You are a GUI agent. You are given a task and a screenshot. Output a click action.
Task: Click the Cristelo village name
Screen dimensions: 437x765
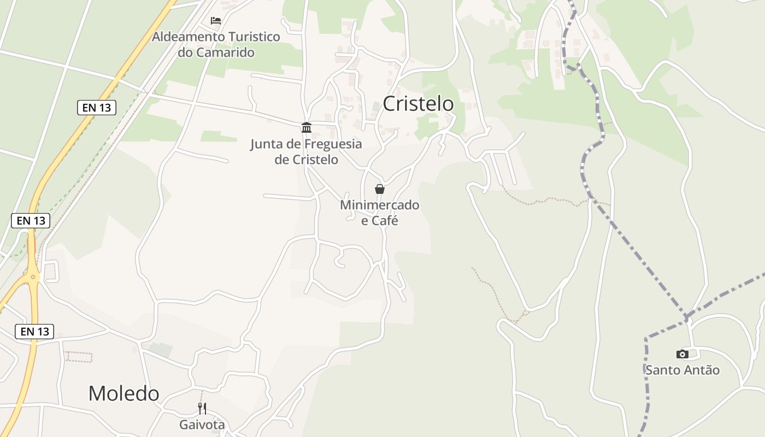pyautogui.click(x=418, y=104)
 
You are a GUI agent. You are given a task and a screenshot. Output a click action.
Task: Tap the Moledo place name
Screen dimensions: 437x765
pyautogui.click(x=123, y=393)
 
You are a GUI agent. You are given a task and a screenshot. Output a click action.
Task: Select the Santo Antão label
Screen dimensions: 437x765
pyautogui.click(x=682, y=370)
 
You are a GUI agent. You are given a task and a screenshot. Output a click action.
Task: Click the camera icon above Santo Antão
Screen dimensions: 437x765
pyautogui.click(x=682, y=354)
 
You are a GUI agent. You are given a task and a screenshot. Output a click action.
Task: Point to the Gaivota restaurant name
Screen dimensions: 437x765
pyautogui.click(x=202, y=424)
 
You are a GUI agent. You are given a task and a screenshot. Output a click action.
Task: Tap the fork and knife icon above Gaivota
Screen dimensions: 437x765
pyautogui.click(x=202, y=408)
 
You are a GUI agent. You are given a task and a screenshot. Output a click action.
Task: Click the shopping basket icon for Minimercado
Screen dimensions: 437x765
pyautogui.click(x=380, y=189)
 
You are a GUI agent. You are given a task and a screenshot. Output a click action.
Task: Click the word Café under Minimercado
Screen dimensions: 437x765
pyautogui.click(x=386, y=221)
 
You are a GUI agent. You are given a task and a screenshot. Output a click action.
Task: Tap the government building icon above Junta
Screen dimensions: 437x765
pyautogui.click(x=307, y=128)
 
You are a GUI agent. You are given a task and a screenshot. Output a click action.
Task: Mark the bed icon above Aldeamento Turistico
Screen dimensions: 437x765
pyautogui.click(x=216, y=21)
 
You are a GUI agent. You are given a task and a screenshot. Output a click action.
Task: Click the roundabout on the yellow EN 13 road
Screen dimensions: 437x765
pyautogui.click(x=33, y=277)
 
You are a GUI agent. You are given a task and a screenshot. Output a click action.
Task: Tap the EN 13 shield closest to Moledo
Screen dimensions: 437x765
pyautogui.click(x=34, y=331)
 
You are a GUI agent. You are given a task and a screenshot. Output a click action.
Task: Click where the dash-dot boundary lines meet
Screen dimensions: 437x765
pyautogui.click(x=686, y=317)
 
